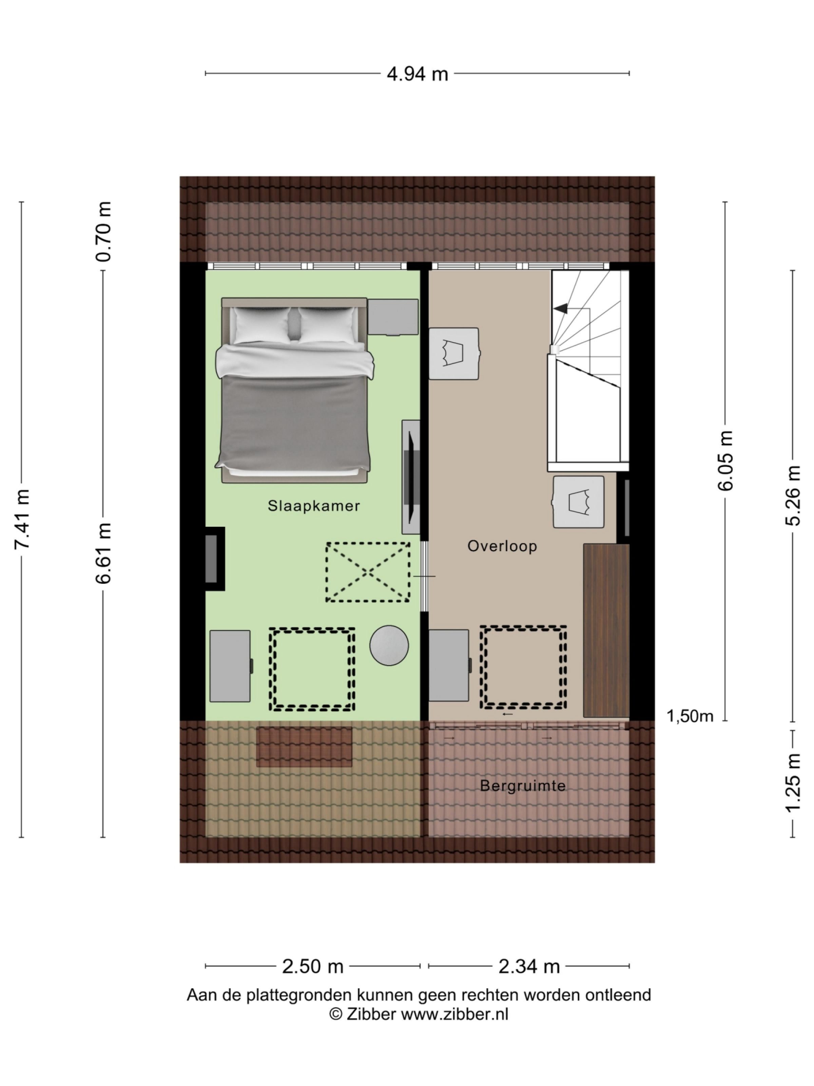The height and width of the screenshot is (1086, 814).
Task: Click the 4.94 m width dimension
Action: click(417, 74)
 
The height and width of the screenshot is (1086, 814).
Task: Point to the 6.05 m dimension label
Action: click(725, 460)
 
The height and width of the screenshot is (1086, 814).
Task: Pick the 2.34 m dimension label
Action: click(529, 967)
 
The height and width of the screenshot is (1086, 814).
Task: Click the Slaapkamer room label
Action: click(313, 506)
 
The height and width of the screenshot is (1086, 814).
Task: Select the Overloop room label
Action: click(502, 546)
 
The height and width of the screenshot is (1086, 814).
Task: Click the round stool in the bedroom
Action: click(389, 645)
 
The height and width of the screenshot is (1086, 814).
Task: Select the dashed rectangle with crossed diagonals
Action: click(368, 572)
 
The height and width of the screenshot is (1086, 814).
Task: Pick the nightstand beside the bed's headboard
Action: click(393, 317)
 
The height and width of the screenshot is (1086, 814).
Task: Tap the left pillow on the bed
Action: click(261, 324)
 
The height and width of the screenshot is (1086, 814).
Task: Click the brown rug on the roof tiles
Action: click(304, 747)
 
